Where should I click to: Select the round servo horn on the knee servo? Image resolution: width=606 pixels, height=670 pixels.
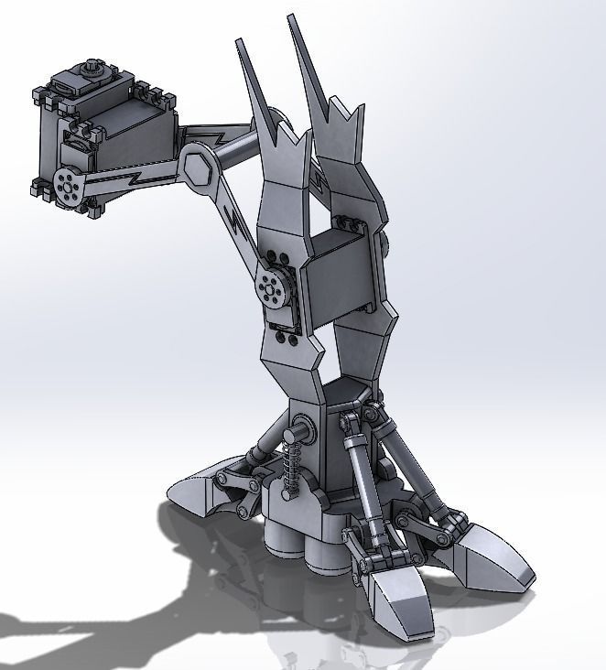click(272, 289)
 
